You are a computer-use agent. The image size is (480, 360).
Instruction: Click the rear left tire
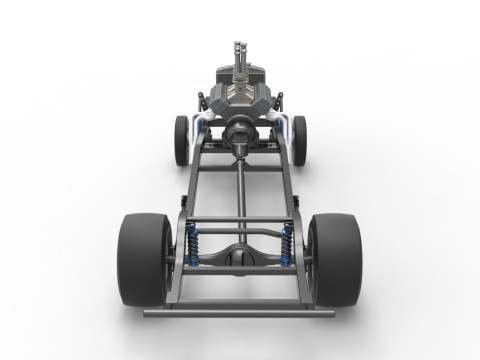pos(144,258)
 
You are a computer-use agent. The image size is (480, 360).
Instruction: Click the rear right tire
pos(334,258)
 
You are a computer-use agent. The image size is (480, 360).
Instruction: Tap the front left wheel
pos(181,139)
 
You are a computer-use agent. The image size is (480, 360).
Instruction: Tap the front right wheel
pos(299,139)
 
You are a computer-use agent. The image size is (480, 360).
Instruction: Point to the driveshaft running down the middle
pos(240,195)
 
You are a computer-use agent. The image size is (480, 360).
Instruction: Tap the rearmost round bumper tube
pos(240,312)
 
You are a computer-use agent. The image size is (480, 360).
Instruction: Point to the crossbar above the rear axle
pos(240,222)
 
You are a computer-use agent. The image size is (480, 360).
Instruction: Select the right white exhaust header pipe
pos(277,122)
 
